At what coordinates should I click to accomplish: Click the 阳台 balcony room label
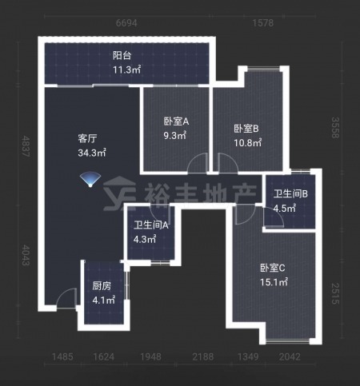click(122, 56)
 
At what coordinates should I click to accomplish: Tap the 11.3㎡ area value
click(126, 70)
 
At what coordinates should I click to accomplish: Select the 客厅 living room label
click(87, 138)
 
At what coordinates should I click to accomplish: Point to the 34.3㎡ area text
click(92, 153)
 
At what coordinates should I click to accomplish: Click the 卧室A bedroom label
click(176, 121)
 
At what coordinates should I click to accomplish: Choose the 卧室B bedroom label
click(246, 129)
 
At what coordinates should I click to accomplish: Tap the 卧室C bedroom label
click(273, 268)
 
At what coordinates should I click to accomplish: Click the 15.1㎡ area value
click(274, 282)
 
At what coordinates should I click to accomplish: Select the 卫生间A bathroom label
click(151, 225)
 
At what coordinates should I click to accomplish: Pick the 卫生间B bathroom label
click(290, 194)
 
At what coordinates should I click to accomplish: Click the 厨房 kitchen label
click(102, 286)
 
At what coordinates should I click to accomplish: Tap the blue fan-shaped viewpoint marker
click(90, 179)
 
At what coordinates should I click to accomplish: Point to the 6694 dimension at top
click(126, 23)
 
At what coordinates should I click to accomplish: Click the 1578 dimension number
click(263, 23)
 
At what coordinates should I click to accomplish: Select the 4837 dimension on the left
click(26, 146)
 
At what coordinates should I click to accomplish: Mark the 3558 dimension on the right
click(335, 128)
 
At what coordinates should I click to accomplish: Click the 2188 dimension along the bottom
click(203, 356)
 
